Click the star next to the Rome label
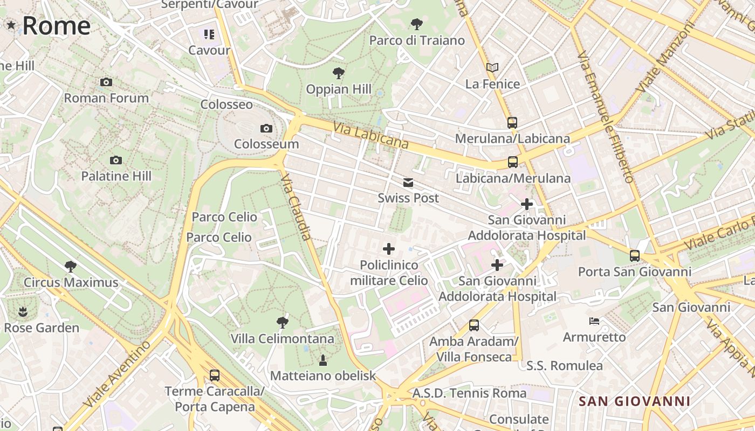click(x=11, y=25)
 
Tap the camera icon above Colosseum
click(x=266, y=128)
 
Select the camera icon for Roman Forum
click(x=106, y=82)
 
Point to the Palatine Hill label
click(x=116, y=176)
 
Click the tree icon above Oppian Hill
click(x=339, y=73)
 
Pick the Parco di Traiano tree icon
click(x=416, y=24)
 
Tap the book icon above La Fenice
click(x=492, y=67)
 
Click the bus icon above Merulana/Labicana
click(x=512, y=122)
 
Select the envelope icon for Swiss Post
click(x=408, y=183)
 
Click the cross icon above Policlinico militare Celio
click(x=388, y=248)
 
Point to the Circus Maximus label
click(x=71, y=282)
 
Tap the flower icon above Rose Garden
click(x=23, y=311)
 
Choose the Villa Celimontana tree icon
click(x=282, y=323)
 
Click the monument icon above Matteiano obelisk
click(x=323, y=360)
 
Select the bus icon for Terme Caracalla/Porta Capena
click(x=214, y=375)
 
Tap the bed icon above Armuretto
click(x=594, y=321)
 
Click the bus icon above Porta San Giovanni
click(x=635, y=255)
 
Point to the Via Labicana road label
click(x=370, y=136)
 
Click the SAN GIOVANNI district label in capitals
click(x=634, y=401)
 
